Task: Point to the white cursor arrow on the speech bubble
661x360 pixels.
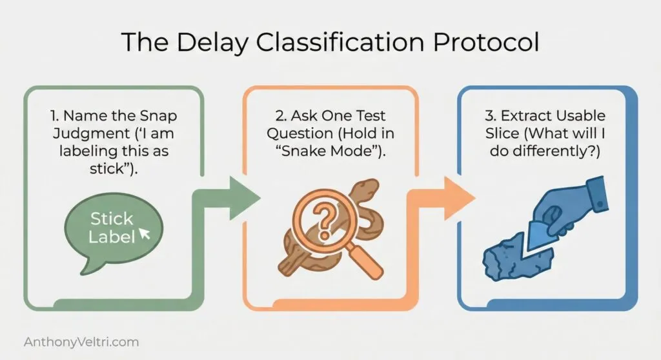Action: [145, 233]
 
